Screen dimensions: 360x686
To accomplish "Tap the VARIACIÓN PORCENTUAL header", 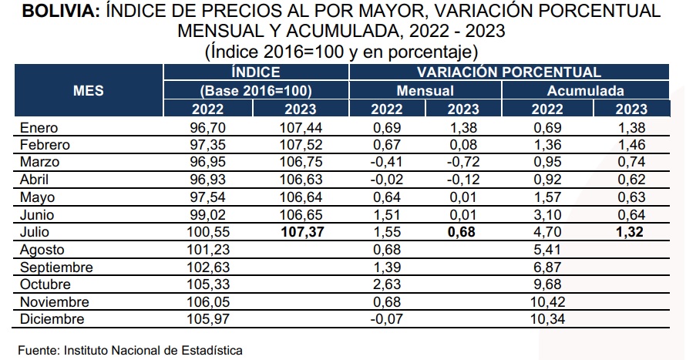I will pyautogui.click(x=509, y=72).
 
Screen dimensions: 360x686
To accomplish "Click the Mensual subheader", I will pyautogui.click(x=425, y=91).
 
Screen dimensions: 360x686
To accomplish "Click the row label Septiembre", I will pyautogui.click(x=56, y=267).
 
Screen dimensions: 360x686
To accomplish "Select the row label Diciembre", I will pyautogui.click(x=52, y=319).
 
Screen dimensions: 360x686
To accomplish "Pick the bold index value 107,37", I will pyautogui.click(x=301, y=233).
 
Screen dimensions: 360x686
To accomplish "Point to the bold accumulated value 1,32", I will pyautogui.click(x=631, y=233).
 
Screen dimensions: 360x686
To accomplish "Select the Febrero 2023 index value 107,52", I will pyautogui.click(x=301, y=145).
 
